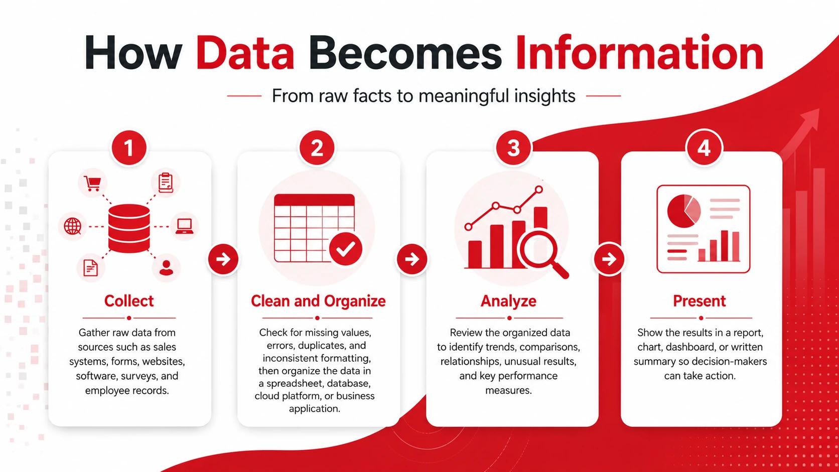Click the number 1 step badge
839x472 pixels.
click(129, 148)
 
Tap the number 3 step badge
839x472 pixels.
click(513, 148)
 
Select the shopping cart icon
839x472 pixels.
click(92, 183)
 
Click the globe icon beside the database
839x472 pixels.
click(73, 226)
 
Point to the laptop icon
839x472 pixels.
click(185, 226)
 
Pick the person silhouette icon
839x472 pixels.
click(166, 268)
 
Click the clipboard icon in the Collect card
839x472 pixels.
click(166, 183)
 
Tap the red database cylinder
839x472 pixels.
click(129, 228)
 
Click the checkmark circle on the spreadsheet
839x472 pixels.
click(346, 249)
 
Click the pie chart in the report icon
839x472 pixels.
click(683, 211)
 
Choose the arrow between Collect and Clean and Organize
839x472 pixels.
click(223, 259)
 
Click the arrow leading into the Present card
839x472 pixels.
click(609, 259)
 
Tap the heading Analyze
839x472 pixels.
click(508, 301)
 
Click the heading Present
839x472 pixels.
click(700, 301)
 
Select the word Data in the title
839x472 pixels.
click(245, 53)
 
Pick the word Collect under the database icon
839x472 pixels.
click(129, 301)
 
